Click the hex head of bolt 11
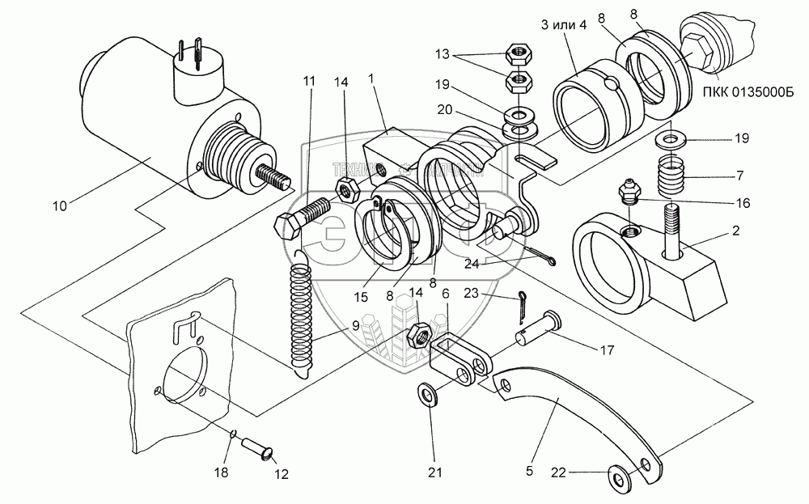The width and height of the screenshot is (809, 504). (289, 226)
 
